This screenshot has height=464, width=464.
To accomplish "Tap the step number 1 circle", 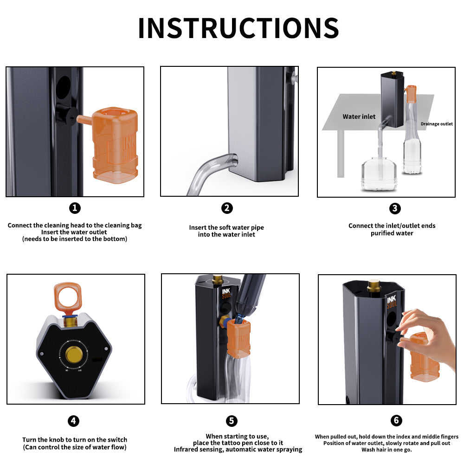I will pyautogui.click(x=75, y=208).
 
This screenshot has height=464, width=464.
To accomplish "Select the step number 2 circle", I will pyautogui.click(x=227, y=208).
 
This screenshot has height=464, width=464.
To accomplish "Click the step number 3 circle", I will pyautogui.click(x=395, y=208).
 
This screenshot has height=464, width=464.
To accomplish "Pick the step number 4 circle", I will pyautogui.click(x=73, y=421).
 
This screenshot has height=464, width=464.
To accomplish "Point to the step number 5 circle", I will pyautogui.click(x=232, y=421).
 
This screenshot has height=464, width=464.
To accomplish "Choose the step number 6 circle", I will pyautogui.click(x=396, y=421).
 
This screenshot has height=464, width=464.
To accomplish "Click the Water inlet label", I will pyautogui.click(x=359, y=116).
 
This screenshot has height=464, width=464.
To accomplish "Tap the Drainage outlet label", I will pyautogui.click(x=436, y=124).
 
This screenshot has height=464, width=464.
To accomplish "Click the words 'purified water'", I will pyautogui.click(x=392, y=233).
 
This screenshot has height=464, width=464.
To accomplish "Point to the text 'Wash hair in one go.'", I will pyautogui.click(x=387, y=450).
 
